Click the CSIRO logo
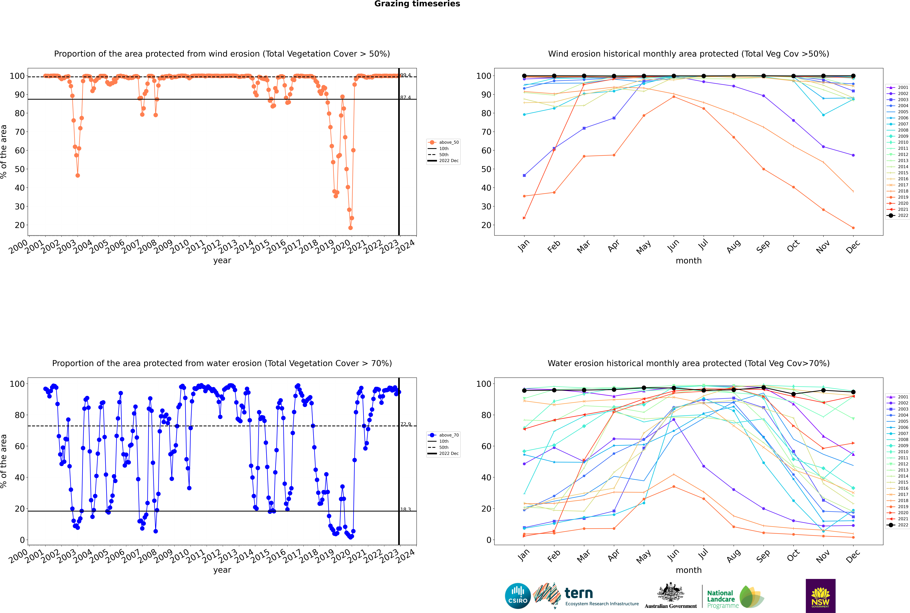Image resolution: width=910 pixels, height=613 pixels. (x=518, y=596)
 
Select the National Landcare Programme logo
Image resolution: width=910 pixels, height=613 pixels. (x=735, y=597)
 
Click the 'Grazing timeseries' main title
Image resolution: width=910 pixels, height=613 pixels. (x=417, y=4)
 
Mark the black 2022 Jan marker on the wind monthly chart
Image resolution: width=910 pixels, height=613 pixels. (x=524, y=76)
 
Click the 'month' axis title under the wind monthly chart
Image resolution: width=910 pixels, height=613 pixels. (x=689, y=261)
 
